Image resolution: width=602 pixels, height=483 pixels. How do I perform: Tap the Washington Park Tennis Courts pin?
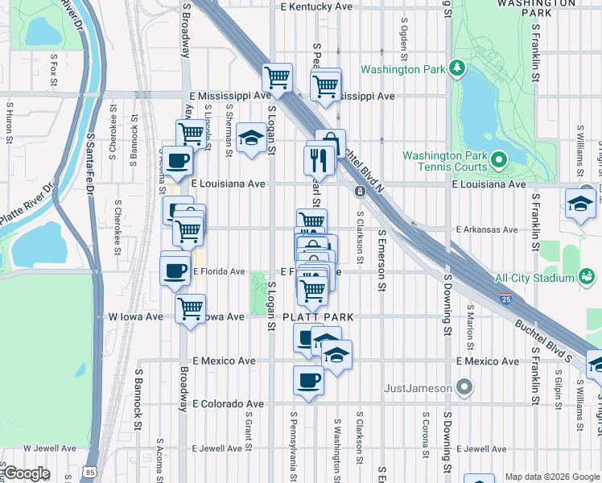[498, 161]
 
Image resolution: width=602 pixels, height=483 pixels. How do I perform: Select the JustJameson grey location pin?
[464, 388]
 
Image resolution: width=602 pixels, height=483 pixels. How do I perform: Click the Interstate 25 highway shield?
[505, 299]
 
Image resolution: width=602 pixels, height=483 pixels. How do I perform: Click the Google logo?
[27, 473]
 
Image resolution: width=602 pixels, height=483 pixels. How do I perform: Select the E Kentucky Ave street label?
[315, 6]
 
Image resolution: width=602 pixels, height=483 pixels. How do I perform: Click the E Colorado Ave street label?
[228, 403]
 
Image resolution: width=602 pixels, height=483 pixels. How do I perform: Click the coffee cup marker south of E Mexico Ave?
[308, 380]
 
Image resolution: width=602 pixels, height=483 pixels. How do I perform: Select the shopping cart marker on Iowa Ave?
[191, 308]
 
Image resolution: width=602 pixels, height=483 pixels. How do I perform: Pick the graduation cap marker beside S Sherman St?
[251, 138]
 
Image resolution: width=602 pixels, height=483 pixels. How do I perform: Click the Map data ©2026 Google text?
[552, 477]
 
